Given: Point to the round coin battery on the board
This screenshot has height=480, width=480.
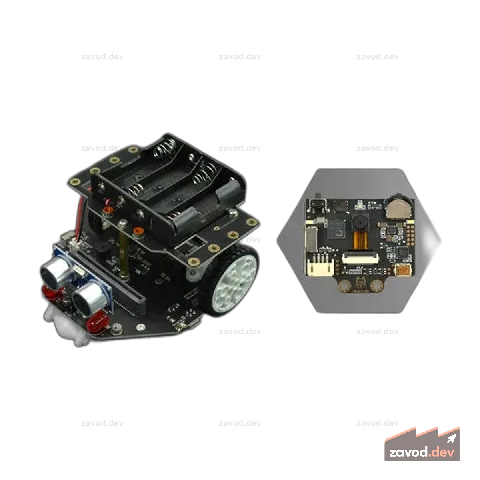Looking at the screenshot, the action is tap(398, 208).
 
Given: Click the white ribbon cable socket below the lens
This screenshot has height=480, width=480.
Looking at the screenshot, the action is tap(360, 258).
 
